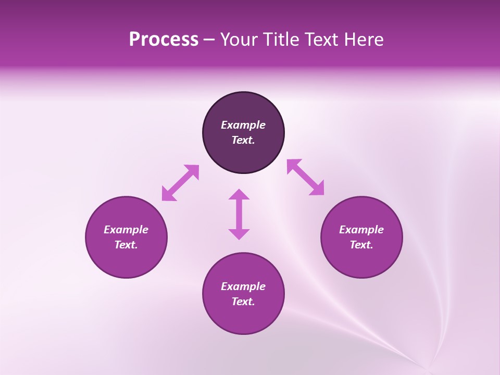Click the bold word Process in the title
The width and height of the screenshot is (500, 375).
click(x=164, y=40)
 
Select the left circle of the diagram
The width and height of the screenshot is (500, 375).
click(x=126, y=260)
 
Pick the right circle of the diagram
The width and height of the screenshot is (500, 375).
click(x=361, y=260)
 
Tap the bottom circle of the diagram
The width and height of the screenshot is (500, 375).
click(x=243, y=318)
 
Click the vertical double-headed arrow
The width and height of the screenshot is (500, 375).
click(x=239, y=214)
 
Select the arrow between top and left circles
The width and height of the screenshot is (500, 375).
click(x=180, y=183)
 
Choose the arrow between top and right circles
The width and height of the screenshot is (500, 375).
click(x=305, y=177)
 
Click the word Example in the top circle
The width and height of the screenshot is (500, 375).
click(x=243, y=125)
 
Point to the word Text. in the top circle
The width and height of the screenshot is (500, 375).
click(x=243, y=140)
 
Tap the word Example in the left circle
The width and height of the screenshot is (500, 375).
click(x=126, y=230)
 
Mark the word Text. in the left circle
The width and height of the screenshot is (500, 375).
click(x=126, y=245)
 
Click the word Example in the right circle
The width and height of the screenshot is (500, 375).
click(x=361, y=230)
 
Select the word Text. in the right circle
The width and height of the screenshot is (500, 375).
click(x=361, y=245)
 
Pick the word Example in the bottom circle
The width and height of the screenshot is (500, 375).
click(x=243, y=286)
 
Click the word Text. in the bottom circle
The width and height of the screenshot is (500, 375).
click(x=243, y=302)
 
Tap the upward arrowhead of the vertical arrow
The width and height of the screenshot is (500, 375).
click(x=239, y=194)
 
